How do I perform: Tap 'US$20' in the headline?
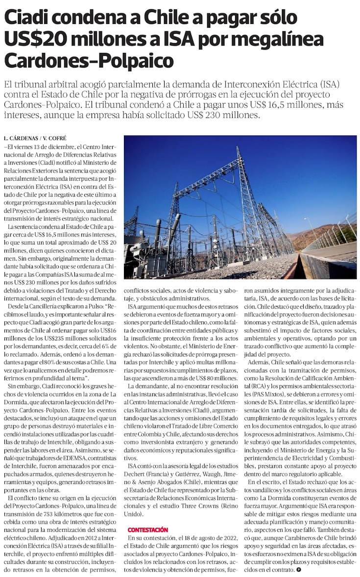tap(34, 39)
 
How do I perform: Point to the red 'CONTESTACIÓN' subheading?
tap(147, 530)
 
